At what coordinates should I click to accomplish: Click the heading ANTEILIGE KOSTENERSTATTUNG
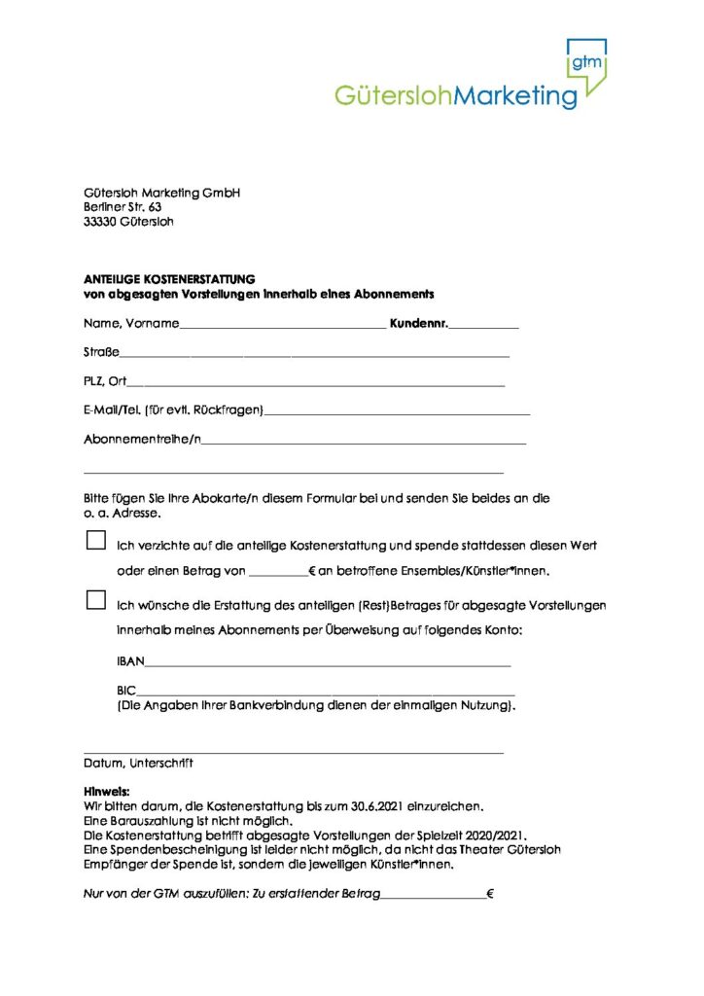[x=168, y=279]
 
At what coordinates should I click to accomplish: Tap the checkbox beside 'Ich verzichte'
[x=95, y=540]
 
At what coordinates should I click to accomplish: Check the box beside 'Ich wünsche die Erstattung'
[x=95, y=600]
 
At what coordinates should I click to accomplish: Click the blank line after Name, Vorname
[x=283, y=325]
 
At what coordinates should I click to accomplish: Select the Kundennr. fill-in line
[x=483, y=325]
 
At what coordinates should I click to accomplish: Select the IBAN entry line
[x=327, y=663]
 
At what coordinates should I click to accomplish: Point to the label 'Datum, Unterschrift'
[x=138, y=764]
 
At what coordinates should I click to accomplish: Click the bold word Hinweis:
[x=107, y=792]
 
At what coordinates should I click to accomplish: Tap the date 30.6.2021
[x=359, y=806]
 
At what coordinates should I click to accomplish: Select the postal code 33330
[x=101, y=222]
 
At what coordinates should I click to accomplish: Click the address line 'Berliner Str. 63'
[x=123, y=207]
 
